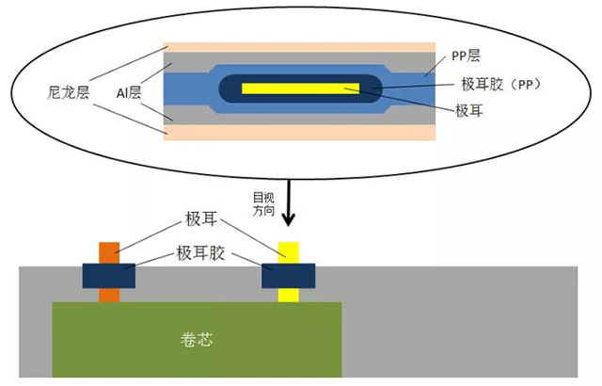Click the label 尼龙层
[71, 92]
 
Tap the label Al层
[130, 92]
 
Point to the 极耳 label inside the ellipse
[471, 110]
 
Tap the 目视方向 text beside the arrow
[264, 204]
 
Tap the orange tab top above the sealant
[109, 251]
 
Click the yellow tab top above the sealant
[288, 251]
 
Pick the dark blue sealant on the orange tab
[109, 275]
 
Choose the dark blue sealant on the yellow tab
[288, 275]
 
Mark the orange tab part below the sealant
[109, 295]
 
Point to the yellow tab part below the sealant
[288, 295]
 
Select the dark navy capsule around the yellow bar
[235, 89]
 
